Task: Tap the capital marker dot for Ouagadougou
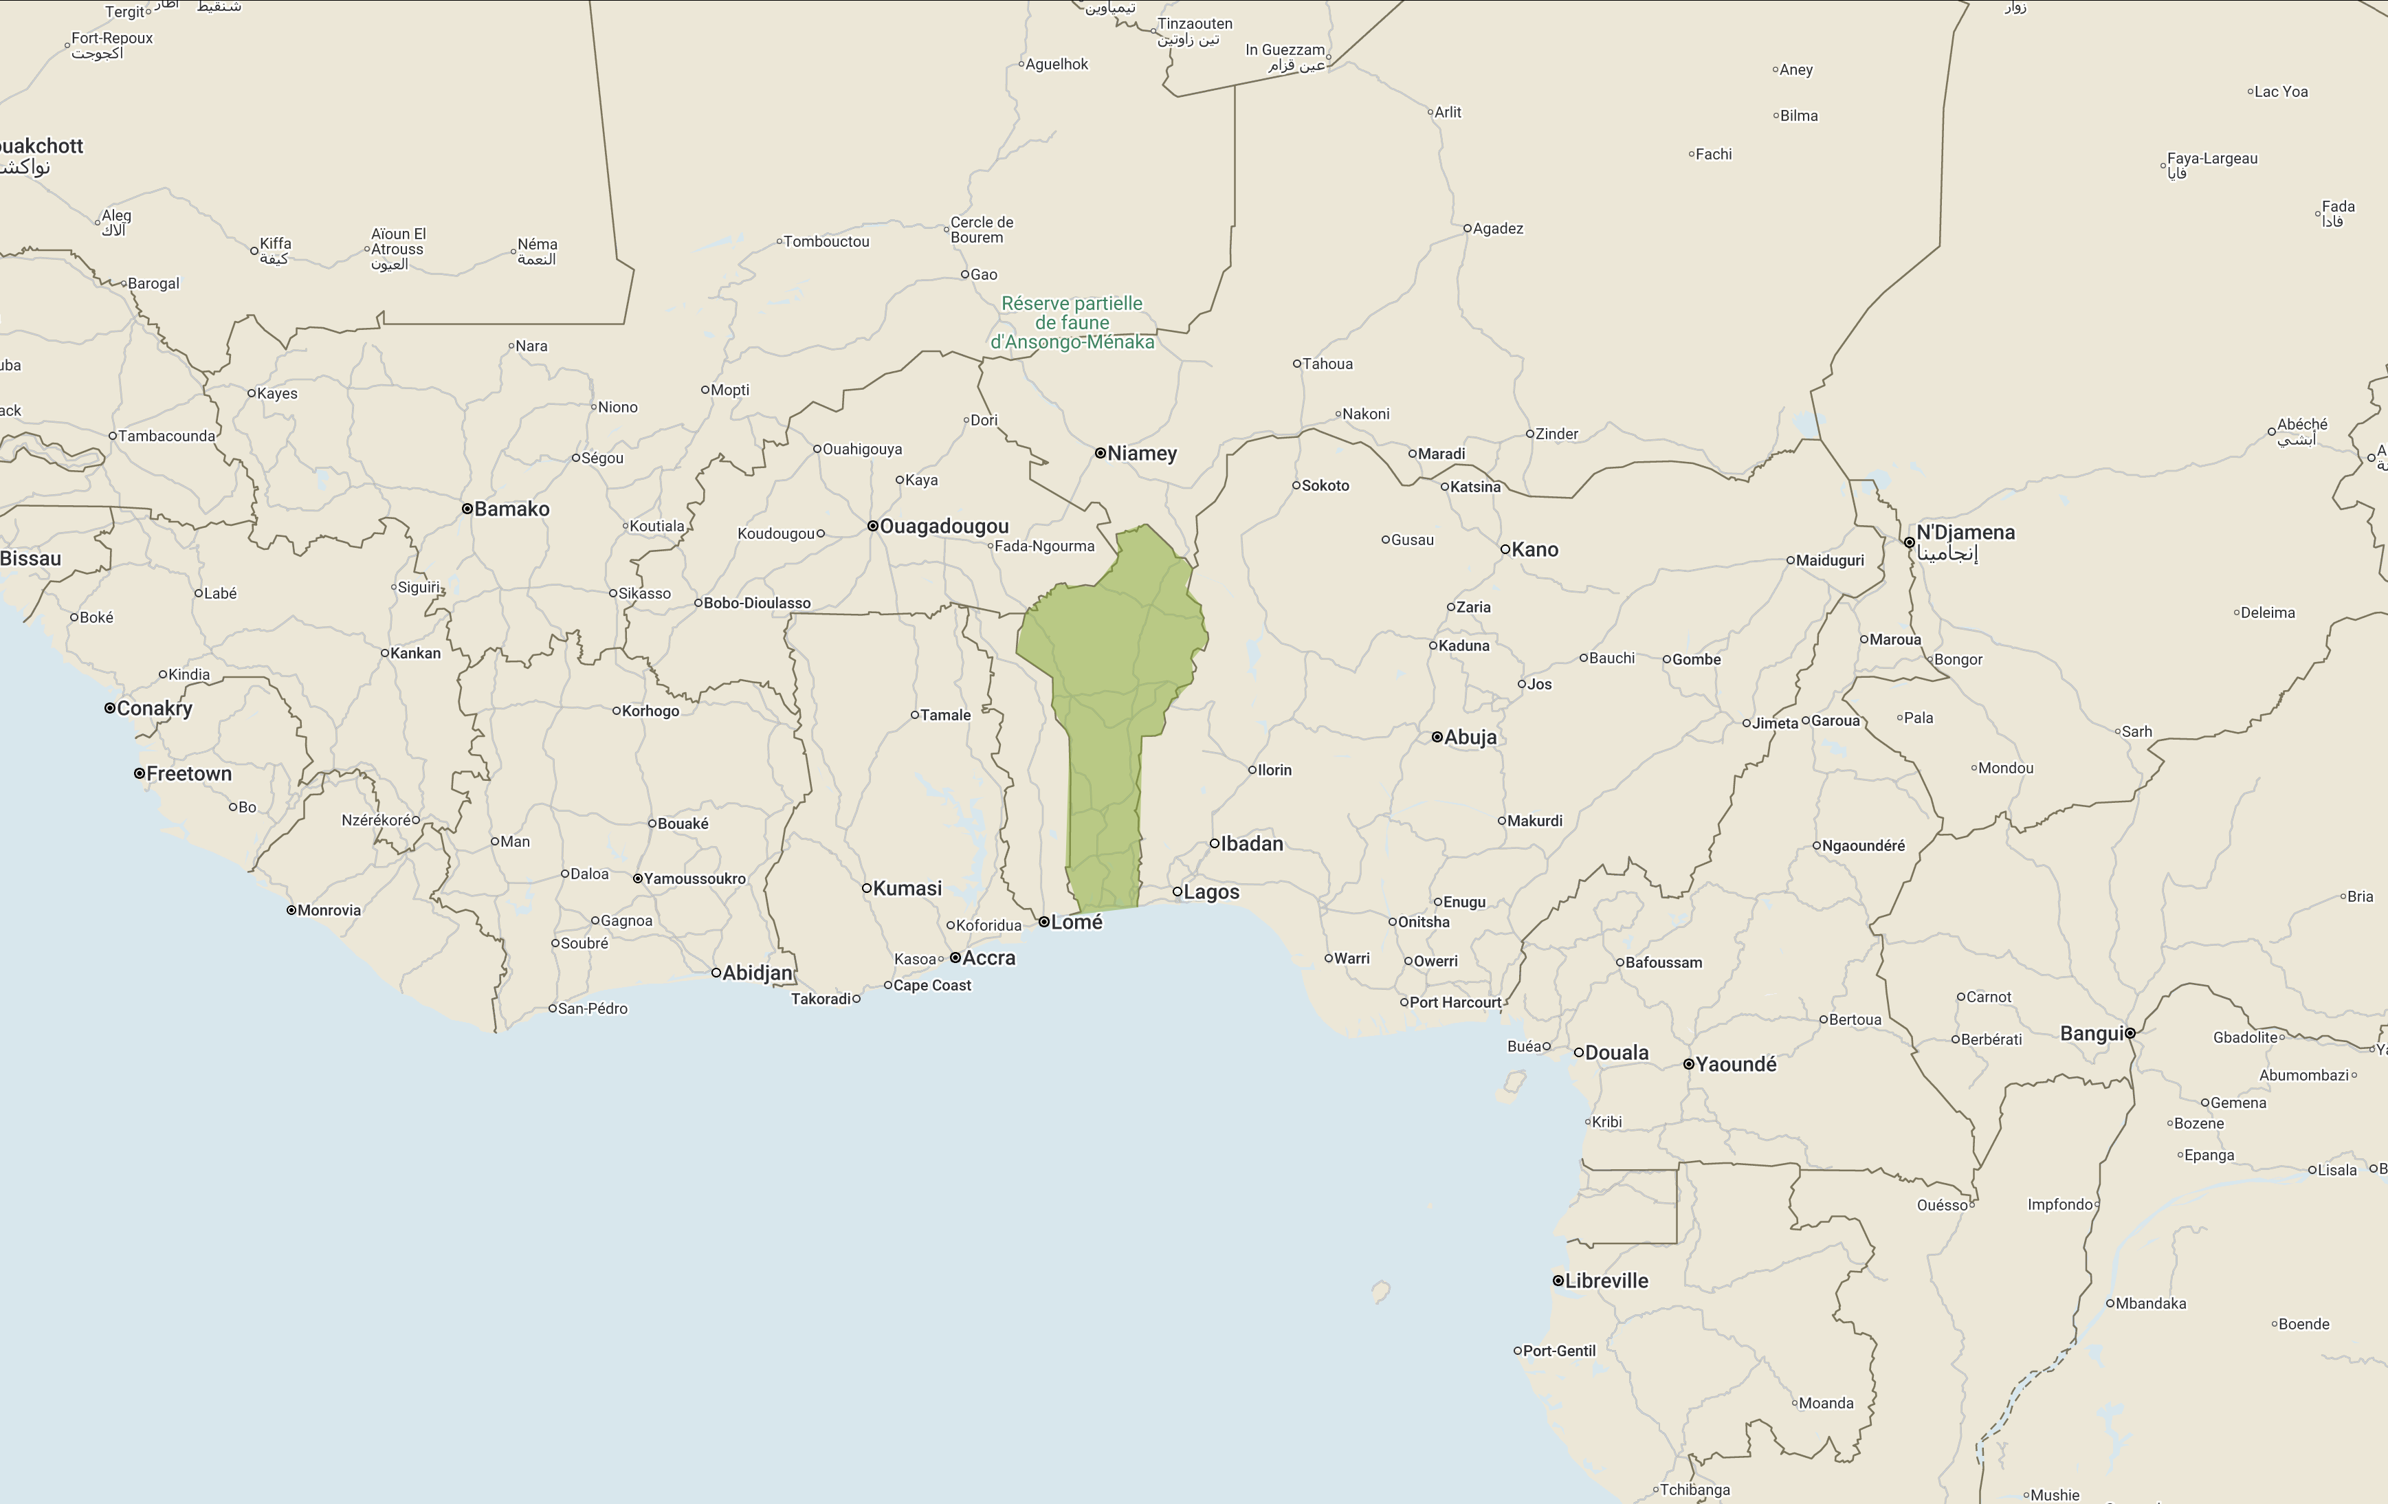click(873, 527)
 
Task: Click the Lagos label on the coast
click(1211, 892)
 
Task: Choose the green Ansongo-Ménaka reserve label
click(1072, 322)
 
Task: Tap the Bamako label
click(511, 509)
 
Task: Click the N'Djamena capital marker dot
click(1909, 542)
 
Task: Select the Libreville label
click(1606, 1280)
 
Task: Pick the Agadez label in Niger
click(1497, 228)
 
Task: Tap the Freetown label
click(188, 773)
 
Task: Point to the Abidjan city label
click(758, 973)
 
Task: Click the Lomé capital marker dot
click(1044, 922)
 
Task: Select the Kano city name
click(1534, 549)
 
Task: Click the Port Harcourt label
click(1455, 1002)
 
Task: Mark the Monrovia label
click(329, 910)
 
